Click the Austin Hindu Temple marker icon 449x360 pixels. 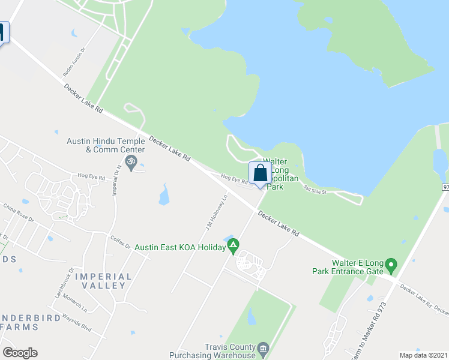point(133,161)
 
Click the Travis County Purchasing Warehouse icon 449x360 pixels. point(263,348)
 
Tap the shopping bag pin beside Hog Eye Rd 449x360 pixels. point(260,174)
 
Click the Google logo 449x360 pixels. point(20,353)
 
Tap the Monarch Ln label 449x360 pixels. point(76,305)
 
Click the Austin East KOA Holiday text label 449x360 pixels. point(179,247)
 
